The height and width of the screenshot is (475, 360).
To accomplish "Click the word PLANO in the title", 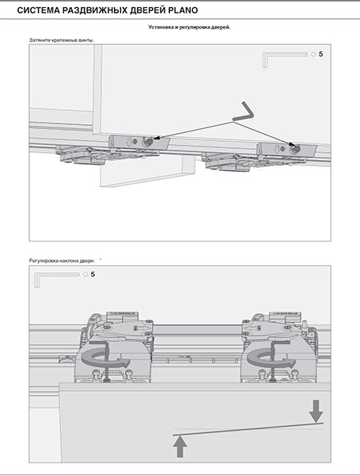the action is coord(182,10).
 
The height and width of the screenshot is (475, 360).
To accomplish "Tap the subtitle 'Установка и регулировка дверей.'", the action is coord(189,27).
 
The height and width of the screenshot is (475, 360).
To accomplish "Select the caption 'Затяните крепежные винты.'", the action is coord(62,40).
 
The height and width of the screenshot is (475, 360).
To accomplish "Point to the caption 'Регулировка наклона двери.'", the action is coord(62,260).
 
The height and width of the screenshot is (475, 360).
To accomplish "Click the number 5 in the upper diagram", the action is coord(321,54).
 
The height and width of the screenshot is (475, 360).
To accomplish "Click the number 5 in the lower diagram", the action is coord(93,275).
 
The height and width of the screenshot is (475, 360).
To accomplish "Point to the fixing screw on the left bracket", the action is coord(148,141).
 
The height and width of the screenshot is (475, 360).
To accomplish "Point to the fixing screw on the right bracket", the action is coord(294,149).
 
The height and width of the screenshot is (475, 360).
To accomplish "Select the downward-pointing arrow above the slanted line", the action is coord(316,411).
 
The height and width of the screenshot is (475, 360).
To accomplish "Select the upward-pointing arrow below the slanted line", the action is coord(180,446).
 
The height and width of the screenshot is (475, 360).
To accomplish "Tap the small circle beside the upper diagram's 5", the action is coord(313,55).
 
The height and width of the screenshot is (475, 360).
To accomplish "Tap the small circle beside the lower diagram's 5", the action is coord(85,275).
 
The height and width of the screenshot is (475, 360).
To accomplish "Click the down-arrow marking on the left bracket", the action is coord(129,141).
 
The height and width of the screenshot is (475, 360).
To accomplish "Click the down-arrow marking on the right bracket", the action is coord(276,149).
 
